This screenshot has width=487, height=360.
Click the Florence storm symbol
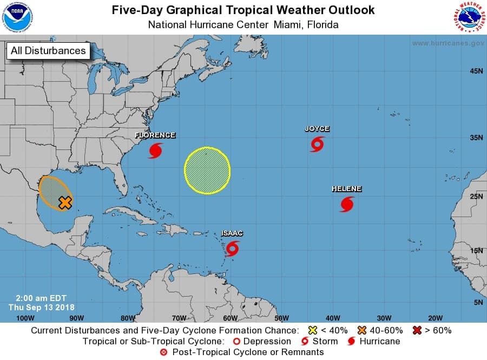coord(155,150)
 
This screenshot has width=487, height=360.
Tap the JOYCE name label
coord(317,129)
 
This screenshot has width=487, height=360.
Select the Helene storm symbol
coord(347,204)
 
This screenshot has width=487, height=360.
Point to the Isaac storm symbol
coord(233,248)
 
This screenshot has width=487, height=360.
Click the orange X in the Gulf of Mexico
coord(65,203)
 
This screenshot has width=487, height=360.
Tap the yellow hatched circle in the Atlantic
coord(207,170)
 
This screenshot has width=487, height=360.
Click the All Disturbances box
coord(48,51)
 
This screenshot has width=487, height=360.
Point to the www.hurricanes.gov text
coord(448,43)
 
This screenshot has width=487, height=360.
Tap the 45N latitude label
coord(476,71)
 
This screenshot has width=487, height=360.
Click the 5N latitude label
coord(478,302)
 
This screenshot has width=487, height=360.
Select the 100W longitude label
coord(25,318)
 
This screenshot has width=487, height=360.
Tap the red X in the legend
coord(417,330)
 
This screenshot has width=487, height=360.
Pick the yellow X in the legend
coord(312,330)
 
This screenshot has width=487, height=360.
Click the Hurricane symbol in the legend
coord(351,342)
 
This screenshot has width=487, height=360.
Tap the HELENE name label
coord(346,189)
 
